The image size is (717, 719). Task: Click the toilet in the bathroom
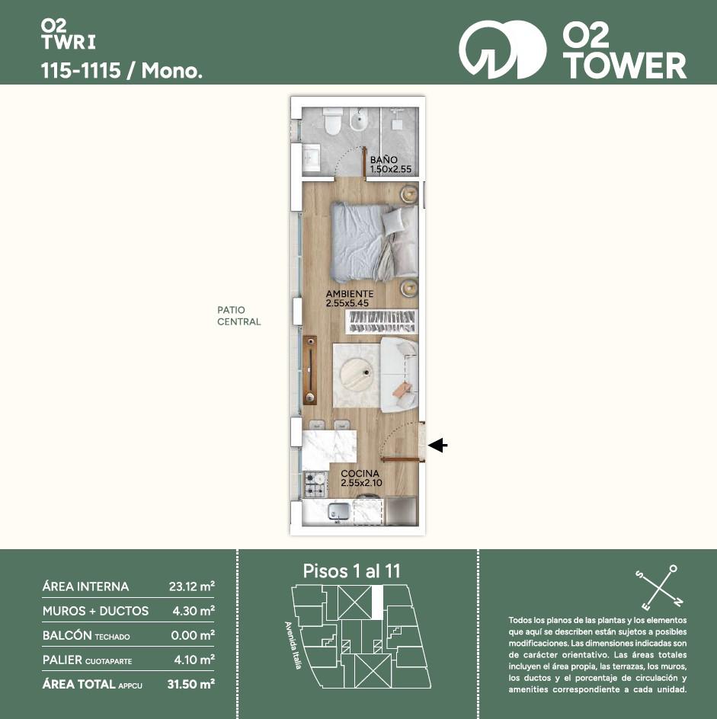tap(332, 121)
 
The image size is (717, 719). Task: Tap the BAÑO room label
tap(384, 160)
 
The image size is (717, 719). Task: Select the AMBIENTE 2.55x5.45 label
tap(350, 298)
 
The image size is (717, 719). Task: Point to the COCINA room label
tap(360, 473)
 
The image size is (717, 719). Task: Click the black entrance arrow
tap(437, 445)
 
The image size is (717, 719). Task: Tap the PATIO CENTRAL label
tap(239, 316)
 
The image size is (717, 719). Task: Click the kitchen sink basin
tap(338, 511)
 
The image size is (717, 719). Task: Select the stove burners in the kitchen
tap(315, 484)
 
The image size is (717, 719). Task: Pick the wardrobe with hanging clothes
tap(381, 321)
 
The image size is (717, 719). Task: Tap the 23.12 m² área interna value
tap(192, 586)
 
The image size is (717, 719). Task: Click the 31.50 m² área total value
tap(191, 684)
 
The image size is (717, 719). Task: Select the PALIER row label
tap(87, 660)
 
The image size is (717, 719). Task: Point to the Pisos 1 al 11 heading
tap(352, 571)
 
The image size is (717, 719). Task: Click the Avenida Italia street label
tap(293, 645)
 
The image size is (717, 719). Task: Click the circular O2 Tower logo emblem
tap(503, 50)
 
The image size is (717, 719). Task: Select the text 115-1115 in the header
tap(82, 71)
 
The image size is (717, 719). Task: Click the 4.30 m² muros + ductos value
tap(193, 611)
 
